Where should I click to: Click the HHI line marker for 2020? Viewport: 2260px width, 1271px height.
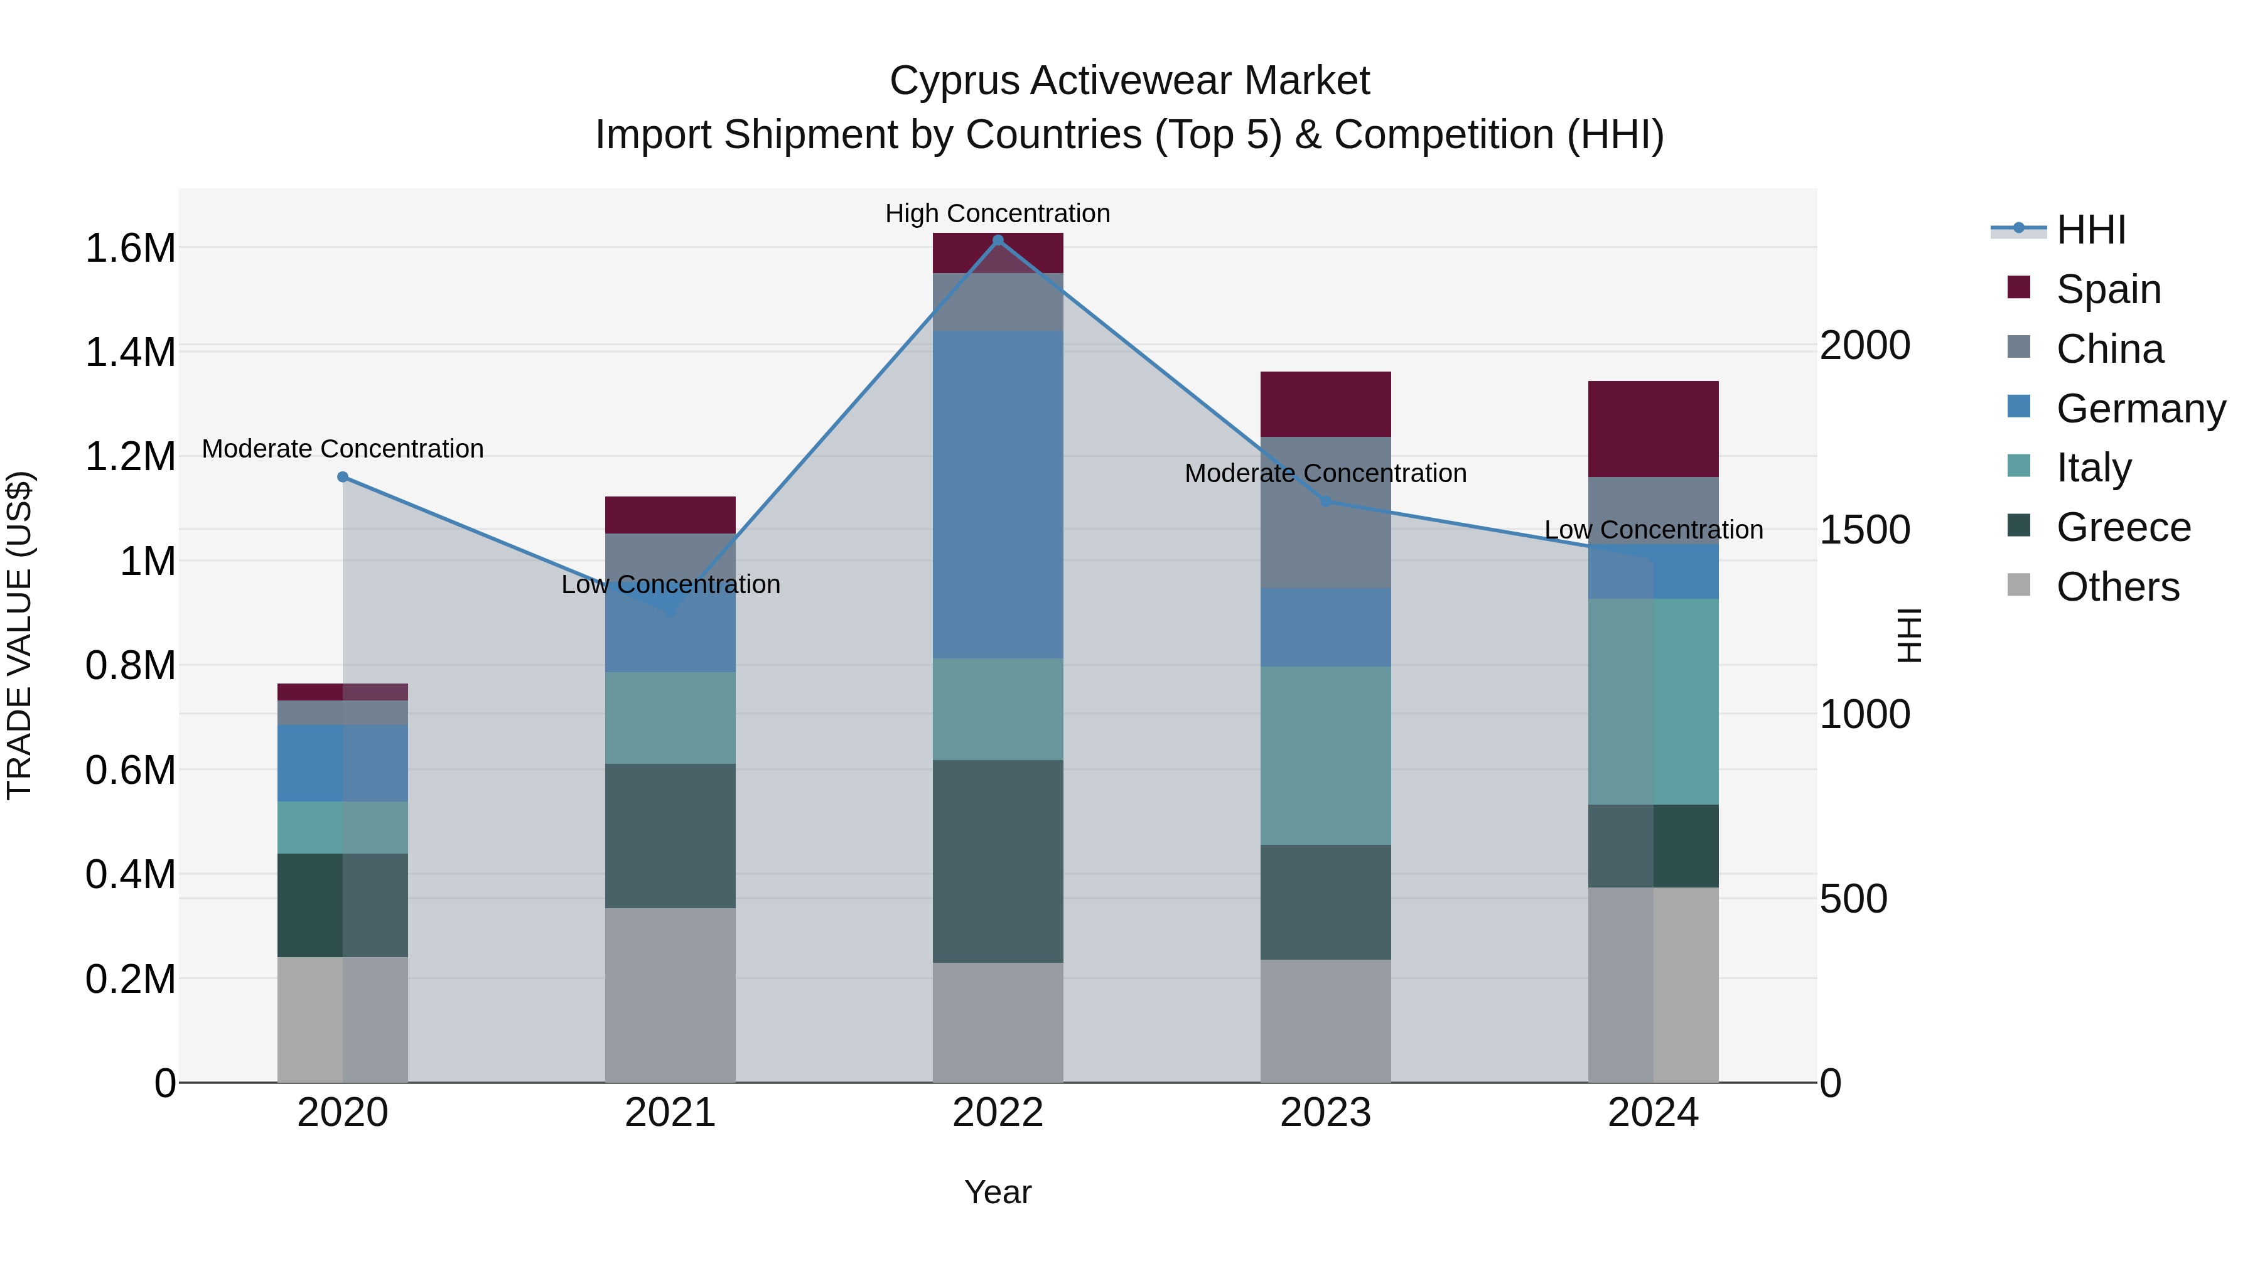point(343,477)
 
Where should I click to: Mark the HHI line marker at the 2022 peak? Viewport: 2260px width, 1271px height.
point(998,240)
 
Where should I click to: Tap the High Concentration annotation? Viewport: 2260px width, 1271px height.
point(998,213)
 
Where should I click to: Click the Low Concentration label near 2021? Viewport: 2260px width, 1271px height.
point(670,584)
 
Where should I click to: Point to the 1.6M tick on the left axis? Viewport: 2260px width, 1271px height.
point(130,248)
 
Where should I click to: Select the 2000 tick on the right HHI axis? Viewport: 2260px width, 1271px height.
point(1864,346)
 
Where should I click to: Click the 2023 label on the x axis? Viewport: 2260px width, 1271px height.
point(1325,1113)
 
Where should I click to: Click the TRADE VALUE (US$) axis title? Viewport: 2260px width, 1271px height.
point(19,635)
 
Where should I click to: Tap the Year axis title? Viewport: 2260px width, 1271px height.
point(998,1192)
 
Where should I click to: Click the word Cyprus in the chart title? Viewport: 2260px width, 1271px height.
point(954,81)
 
